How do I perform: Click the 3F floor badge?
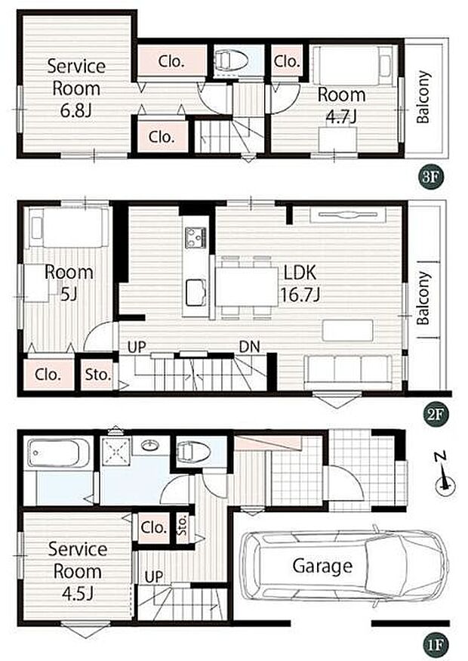[430, 177]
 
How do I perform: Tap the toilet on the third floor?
[231, 60]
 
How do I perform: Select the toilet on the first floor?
[194, 452]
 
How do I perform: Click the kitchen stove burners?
[196, 237]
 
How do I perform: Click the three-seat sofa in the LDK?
[348, 372]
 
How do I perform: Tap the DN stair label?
[249, 347]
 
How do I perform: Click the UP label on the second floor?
[137, 347]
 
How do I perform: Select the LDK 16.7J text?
[300, 284]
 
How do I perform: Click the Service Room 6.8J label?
[76, 88]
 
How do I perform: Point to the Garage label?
[322, 566]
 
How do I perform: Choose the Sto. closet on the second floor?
[97, 375]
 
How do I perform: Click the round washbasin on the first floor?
[150, 445]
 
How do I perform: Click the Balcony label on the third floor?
[423, 97]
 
